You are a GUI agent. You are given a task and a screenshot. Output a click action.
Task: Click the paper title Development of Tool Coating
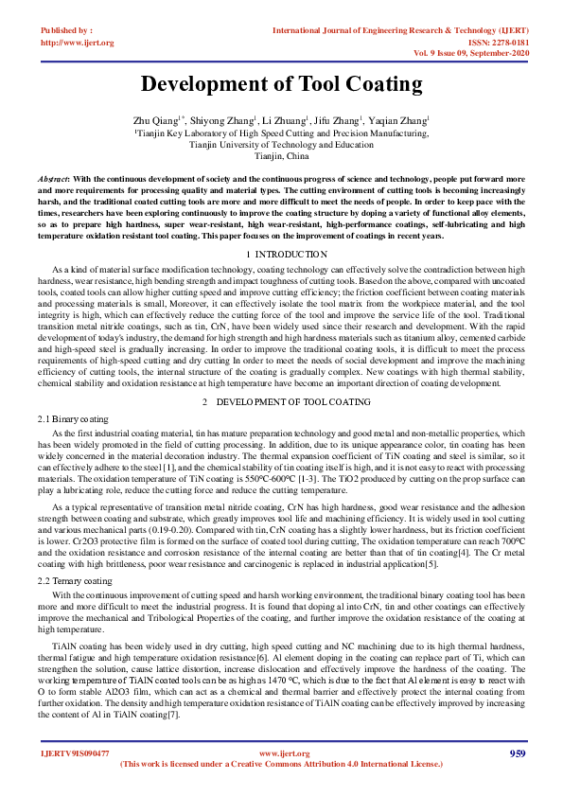pos(281,84)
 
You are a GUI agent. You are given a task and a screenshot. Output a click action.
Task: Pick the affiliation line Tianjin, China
pos(281,156)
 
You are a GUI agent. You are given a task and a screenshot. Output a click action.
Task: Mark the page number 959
pos(517,753)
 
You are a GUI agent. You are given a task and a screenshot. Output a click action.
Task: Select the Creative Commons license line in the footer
pos(281,764)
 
